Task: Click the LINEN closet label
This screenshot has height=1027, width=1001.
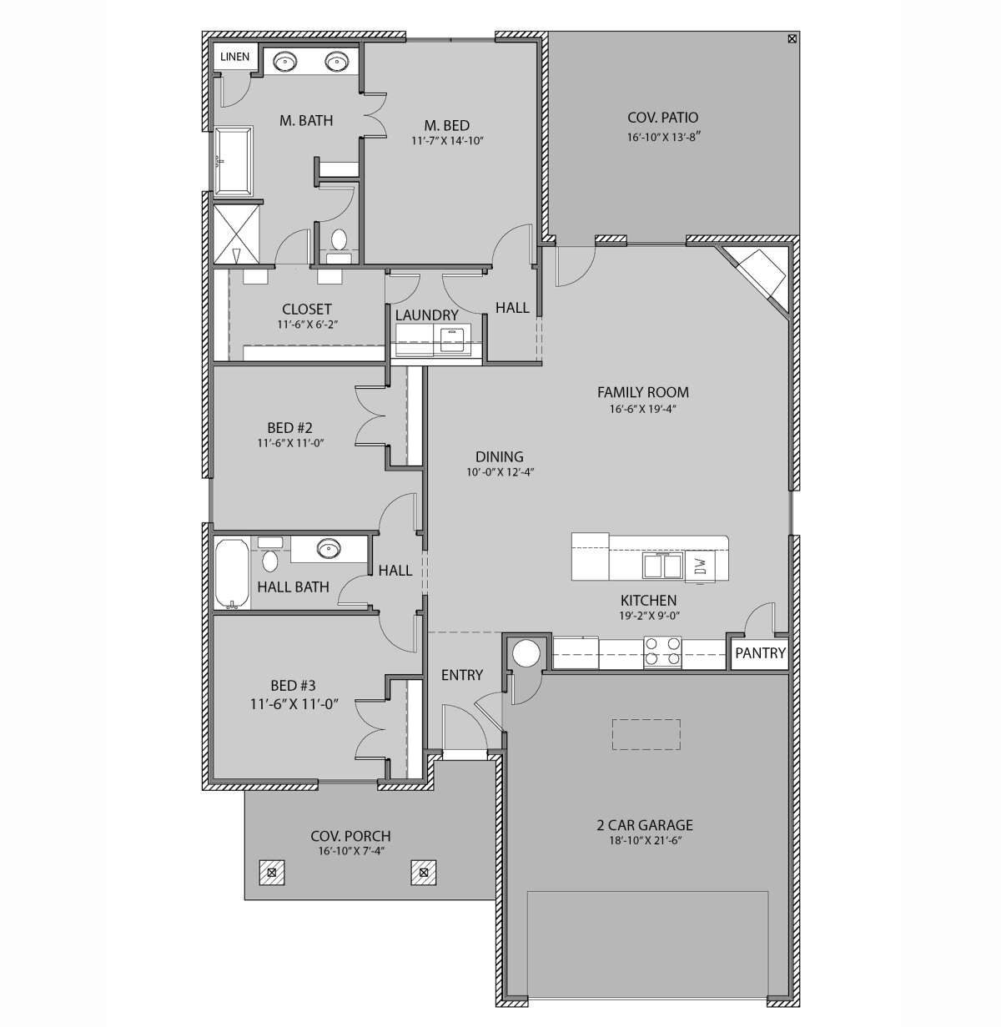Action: tap(235, 57)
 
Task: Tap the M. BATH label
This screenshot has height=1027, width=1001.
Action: tap(305, 121)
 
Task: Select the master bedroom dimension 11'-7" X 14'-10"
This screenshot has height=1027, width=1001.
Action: tap(448, 141)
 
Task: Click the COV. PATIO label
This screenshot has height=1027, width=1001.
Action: tap(662, 118)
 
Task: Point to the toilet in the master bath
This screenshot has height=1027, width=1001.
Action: tap(339, 241)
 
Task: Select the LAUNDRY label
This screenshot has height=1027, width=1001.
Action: tap(426, 315)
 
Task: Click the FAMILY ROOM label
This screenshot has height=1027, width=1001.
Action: tap(642, 392)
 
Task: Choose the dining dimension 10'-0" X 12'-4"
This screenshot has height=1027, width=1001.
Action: tap(500, 472)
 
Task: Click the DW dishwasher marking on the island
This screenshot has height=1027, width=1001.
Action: tap(702, 566)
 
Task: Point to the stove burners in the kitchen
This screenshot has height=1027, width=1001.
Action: tap(662, 651)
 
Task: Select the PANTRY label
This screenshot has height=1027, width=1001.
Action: tap(760, 652)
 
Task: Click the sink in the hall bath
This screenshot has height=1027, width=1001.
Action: tap(328, 548)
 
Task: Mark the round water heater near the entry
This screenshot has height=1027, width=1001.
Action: tap(527, 652)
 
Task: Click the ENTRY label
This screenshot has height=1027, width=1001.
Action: tap(461, 675)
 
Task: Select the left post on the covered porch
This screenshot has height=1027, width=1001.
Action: tap(271, 873)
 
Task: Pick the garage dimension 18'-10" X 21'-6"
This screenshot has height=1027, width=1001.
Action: tap(644, 841)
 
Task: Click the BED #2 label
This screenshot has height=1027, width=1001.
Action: tap(290, 428)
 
